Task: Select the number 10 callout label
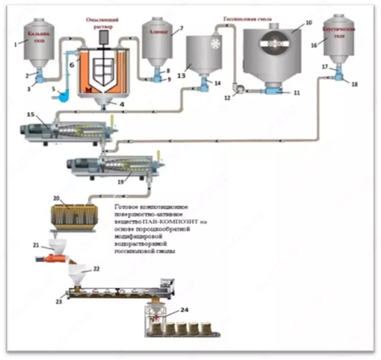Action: pyautogui.click(x=309, y=22)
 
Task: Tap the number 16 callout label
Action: pyautogui.click(x=313, y=45)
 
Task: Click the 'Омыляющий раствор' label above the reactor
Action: pyautogui.click(x=102, y=22)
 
